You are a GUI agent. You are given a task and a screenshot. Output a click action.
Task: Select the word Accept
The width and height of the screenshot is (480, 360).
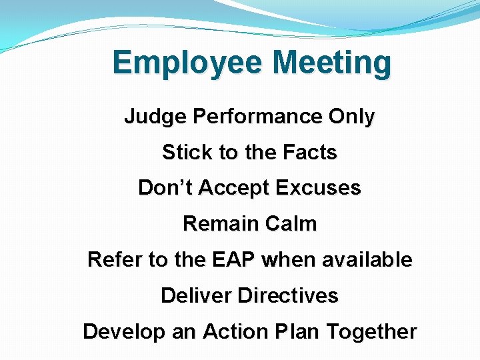pos(231,189)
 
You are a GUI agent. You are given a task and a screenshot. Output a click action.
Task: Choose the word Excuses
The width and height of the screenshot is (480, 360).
pos(318,188)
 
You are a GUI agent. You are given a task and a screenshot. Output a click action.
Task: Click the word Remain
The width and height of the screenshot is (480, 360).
pos(214,223)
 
